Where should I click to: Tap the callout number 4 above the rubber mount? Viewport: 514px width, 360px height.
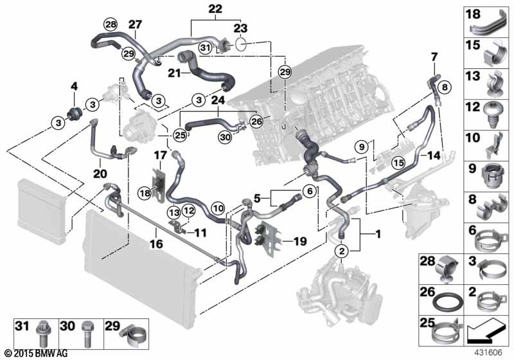point(74,86)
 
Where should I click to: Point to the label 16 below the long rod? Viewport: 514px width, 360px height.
point(156,244)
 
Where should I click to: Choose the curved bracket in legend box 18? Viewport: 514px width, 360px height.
point(493,23)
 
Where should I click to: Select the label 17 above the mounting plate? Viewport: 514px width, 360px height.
point(159,154)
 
